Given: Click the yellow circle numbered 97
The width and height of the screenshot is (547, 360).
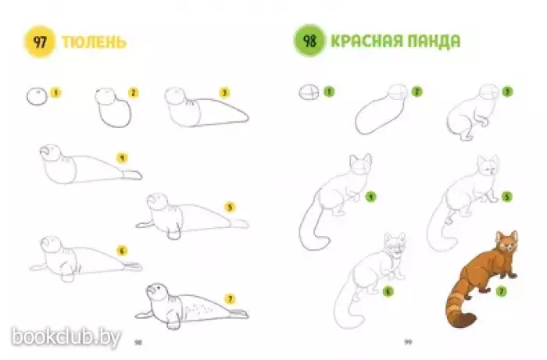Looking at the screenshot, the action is point(39,42).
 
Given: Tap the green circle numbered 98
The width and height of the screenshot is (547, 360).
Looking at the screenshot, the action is point(309,41).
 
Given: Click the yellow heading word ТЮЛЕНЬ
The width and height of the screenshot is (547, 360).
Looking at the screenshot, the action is point(94,42).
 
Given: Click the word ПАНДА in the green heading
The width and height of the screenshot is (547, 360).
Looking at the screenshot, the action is point(430,41).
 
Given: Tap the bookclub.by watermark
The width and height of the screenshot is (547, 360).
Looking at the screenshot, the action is point(66,337).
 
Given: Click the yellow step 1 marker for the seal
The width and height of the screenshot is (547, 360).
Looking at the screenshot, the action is point(55,93).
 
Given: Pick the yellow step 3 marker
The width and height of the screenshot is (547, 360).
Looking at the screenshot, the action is point(225,93).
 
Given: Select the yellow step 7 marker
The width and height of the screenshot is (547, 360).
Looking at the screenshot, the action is point(230,299).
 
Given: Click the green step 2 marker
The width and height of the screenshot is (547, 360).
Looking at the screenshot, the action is point(417,91).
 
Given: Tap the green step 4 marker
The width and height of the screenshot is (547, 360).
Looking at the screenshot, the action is point(371,197).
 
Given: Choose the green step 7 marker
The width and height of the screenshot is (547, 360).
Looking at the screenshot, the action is point(502,291).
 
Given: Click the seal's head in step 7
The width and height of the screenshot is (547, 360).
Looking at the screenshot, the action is point(157,292).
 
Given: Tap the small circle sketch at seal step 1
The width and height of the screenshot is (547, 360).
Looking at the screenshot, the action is point(37,97).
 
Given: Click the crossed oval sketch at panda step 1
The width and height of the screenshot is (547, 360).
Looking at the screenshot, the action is point(309,93).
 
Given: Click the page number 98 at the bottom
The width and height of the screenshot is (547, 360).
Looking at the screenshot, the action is point(138,342).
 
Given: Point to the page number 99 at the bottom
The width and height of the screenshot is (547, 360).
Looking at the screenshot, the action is point(408,341).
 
